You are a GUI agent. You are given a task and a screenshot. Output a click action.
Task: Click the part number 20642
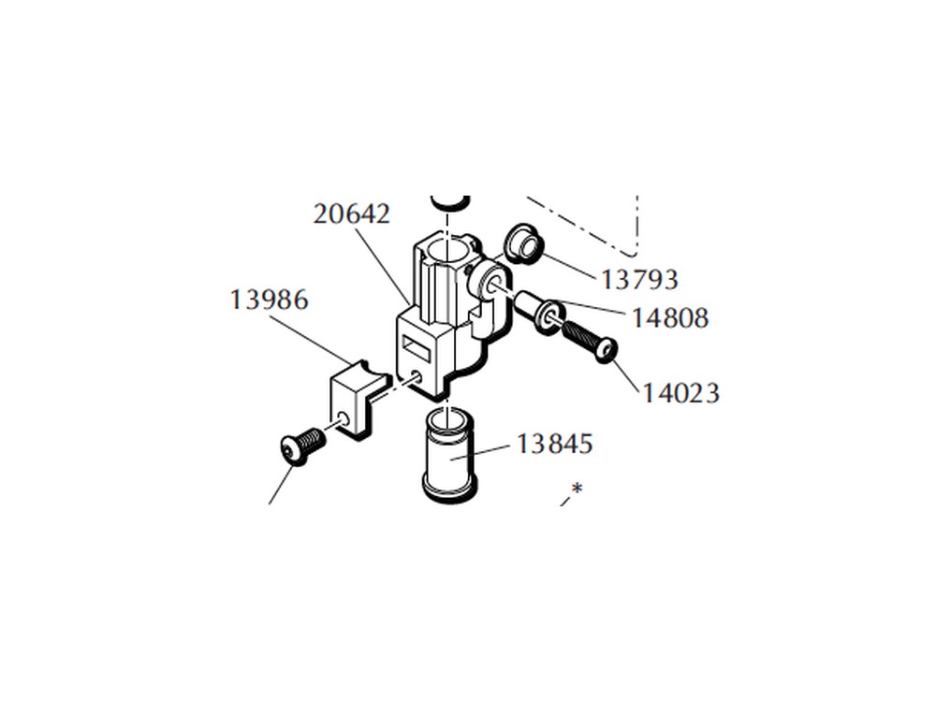click(x=352, y=213)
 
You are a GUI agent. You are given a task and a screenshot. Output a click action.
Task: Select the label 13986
click(x=270, y=300)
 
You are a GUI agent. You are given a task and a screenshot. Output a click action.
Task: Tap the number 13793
click(x=638, y=279)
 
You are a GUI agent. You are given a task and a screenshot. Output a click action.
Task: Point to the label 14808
click(x=670, y=317)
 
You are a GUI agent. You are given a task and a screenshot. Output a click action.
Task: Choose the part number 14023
click(x=680, y=393)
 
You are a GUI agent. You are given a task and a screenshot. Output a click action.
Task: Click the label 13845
click(x=554, y=444)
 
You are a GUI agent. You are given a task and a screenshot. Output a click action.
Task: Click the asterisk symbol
click(x=577, y=489)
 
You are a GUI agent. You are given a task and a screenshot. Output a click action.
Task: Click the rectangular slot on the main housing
click(x=417, y=348)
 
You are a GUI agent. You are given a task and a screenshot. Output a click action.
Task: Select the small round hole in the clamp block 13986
click(x=342, y=417)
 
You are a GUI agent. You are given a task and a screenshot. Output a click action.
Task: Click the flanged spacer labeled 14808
click(x=535, y=312)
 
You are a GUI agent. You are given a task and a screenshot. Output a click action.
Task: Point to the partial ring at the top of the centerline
click(x=450, y=202)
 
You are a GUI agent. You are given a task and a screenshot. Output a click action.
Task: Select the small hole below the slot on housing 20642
click(x=417, y=376)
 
